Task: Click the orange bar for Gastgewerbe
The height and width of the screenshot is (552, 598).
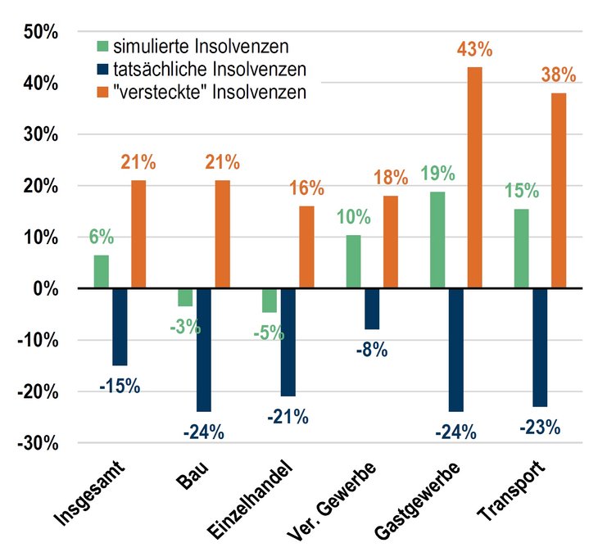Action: [474, 177]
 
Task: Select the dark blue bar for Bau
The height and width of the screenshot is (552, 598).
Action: [204, 350]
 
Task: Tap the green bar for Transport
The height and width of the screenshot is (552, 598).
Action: [521, 248]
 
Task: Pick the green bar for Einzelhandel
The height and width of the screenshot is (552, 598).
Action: [270, 300]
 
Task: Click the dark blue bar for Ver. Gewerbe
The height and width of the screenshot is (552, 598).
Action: [372, 309]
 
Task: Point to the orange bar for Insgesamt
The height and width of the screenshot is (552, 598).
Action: [138, 234]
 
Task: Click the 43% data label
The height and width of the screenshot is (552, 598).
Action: [474, 49]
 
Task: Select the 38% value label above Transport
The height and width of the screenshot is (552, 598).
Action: [559, 75]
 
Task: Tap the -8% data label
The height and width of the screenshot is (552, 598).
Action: [371, 351]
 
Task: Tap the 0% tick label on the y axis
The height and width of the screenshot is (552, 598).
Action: [44, 289]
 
